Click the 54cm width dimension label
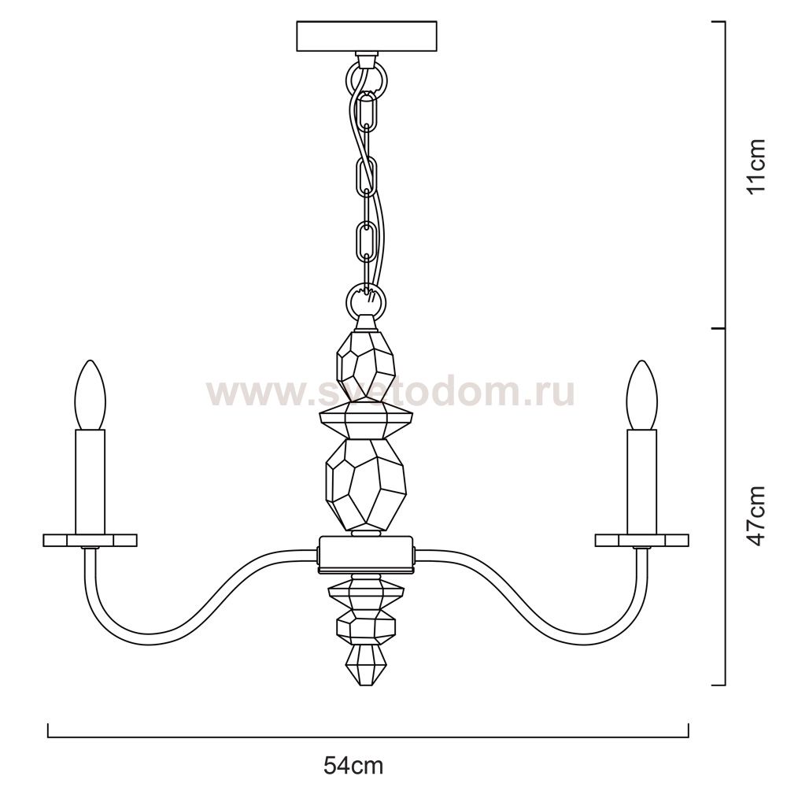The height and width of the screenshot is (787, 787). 353,766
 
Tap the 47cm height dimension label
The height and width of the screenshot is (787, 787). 756,516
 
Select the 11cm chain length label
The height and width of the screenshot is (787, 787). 756,166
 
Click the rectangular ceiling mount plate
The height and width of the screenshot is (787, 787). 367,36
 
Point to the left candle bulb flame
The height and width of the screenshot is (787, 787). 91,395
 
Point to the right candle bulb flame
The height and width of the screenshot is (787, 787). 642,395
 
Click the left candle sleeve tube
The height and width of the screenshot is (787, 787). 91,482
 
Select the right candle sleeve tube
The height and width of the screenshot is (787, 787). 642,482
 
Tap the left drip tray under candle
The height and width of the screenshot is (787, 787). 91,540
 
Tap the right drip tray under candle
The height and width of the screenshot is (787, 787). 642,540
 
